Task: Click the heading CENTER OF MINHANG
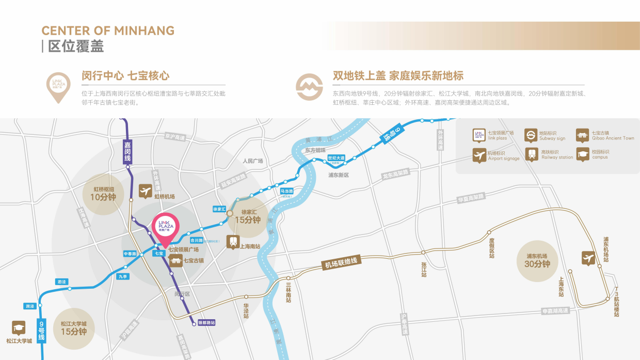click(108, 30)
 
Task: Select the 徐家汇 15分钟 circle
click(248, 216)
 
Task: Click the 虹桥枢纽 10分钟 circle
click(103, 193)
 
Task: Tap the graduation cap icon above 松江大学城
click(19, 328)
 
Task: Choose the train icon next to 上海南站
click(233, 242)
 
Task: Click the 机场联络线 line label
click(341, 263)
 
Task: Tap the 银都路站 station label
click(206, 323)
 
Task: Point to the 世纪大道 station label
click(336, 158)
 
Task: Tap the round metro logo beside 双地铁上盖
click(309, 86)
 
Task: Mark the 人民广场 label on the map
click(253, 161)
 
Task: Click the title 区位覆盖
click(76, 46)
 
